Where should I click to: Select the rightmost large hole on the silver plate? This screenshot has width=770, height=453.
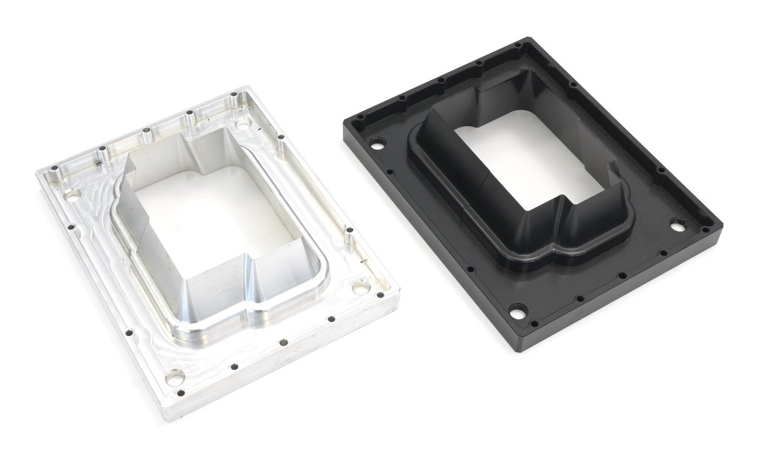[x=361, y=286]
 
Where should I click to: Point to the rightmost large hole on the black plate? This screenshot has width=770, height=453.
[x=678, y=225]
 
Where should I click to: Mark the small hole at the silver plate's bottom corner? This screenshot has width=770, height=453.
[x=180, y=393]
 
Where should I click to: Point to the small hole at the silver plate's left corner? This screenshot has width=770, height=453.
[x=54, y=167]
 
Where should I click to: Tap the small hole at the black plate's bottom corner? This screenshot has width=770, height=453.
[x=533, y=323]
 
